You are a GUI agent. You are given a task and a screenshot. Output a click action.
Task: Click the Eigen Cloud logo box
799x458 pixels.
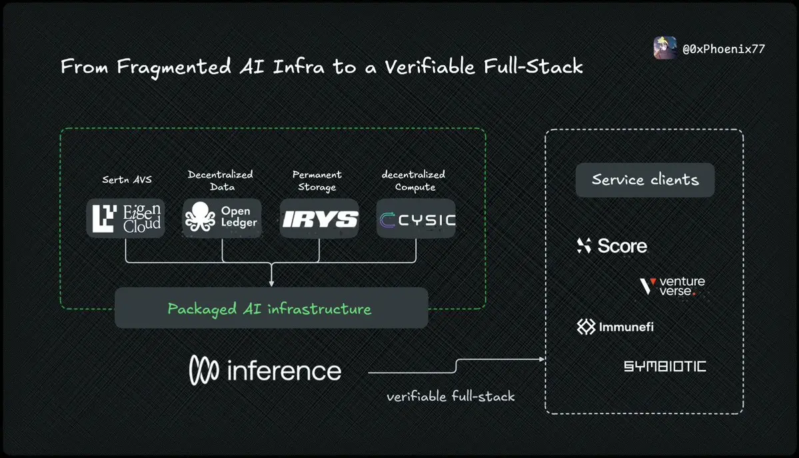pos(125,218)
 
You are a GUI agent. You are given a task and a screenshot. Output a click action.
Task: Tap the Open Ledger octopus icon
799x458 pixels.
pos(201,217)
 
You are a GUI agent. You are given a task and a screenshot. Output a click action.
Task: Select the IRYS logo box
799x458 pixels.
pos(319,219)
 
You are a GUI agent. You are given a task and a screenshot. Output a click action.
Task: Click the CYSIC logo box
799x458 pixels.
pos(416,219)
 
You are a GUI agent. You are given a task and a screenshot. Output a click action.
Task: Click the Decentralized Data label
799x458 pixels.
pos(221,180)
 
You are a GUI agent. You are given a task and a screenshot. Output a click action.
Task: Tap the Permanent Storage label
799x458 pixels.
pos(317,180)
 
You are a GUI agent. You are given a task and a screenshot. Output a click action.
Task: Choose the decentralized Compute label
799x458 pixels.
pos(413,180)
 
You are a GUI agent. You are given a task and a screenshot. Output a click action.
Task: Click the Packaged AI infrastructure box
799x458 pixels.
pos(271,309)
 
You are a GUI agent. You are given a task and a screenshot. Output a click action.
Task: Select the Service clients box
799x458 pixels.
pos(645,180)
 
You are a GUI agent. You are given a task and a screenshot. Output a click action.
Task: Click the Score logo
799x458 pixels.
pos(612,246)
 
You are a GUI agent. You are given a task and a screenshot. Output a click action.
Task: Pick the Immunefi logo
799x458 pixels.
pos(615,327)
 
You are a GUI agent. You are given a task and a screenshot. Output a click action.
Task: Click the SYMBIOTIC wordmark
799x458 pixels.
pos(664,366)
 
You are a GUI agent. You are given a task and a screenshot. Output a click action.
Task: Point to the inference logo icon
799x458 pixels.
pos(203,371)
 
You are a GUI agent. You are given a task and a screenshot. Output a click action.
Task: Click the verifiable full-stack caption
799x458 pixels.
pos(450,397)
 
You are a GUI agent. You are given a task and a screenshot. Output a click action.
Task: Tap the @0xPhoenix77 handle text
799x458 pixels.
pos(723,49)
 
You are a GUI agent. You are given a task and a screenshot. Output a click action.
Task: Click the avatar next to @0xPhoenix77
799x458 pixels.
pos(665,48)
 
